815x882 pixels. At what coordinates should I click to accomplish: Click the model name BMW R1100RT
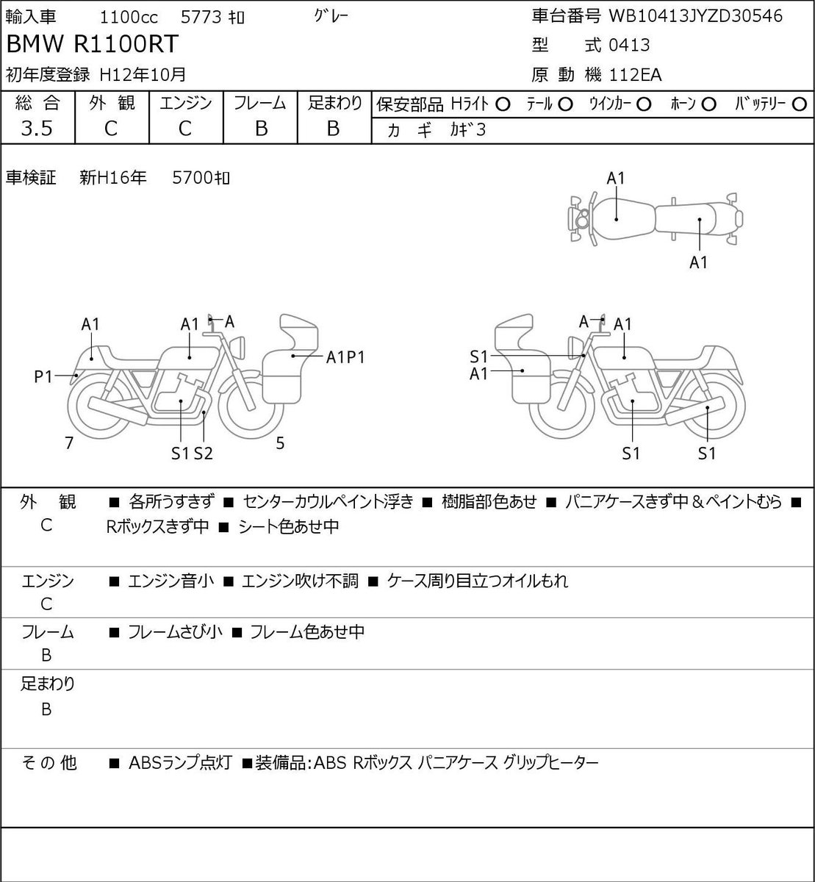tap(93, 44)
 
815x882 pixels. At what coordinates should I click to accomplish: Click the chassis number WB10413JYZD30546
tap(695, 16)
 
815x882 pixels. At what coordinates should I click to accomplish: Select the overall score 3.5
tap(37, 129)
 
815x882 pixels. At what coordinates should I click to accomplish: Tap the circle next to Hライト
tap(503, 105)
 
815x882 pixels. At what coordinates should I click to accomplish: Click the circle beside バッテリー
tap(799, 104)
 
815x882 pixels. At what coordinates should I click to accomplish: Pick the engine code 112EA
tap(635, 75)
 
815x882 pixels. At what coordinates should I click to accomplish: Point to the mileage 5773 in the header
tap(201, 18)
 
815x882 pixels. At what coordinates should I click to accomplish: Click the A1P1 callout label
tap(345, 357)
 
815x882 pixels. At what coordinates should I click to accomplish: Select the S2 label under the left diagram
tap(204, 453)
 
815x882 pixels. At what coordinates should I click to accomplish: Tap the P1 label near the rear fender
tap(43, 377)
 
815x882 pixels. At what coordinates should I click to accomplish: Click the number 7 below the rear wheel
tap(69, 442)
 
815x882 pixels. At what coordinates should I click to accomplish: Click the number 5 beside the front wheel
tap(280, 442)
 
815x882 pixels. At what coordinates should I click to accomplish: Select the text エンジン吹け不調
tap(300, 581)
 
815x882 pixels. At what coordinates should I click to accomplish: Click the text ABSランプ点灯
tap(180, 763)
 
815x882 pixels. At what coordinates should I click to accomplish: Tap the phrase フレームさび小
tap(175, 632)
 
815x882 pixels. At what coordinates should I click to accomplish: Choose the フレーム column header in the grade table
tap(260, 104)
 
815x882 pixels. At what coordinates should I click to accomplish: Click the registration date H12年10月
tap(143, 75)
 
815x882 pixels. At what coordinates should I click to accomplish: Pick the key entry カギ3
tap(468, 130)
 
